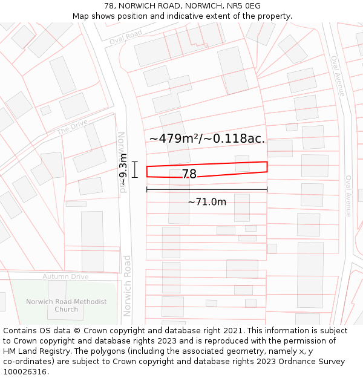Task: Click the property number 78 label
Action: [x=189, y=174]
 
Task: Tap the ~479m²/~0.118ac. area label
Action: [x=207, y=138]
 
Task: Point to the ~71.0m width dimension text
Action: [x=207, y=202]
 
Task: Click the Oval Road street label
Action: [x=126, y=36]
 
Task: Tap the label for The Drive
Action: [x=72, y=127]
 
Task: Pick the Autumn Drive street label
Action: [x=65, y=276]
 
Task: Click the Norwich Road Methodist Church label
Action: [x=67, y=305]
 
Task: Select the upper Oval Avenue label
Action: [x=337, y=76]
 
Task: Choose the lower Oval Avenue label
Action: [x=348, y=196]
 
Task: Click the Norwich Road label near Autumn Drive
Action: [x=127, y=285]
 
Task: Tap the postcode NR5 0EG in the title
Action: [x=244, y=5]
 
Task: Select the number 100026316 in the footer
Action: [x=24, y=372]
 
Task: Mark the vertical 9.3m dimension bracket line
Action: [x=135, y=170]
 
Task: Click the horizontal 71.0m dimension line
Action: [x=207, y=190]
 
